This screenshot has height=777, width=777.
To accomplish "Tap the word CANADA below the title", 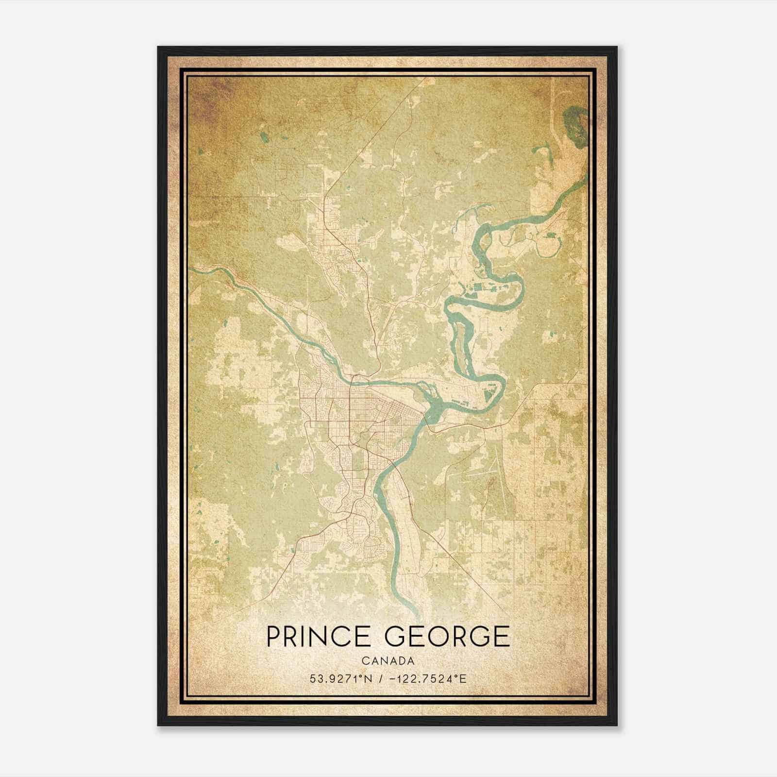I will pos(388,661).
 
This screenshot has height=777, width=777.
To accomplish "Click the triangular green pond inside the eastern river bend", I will pos(491,399).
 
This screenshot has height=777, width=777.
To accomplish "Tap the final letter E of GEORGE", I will pos(502,637).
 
